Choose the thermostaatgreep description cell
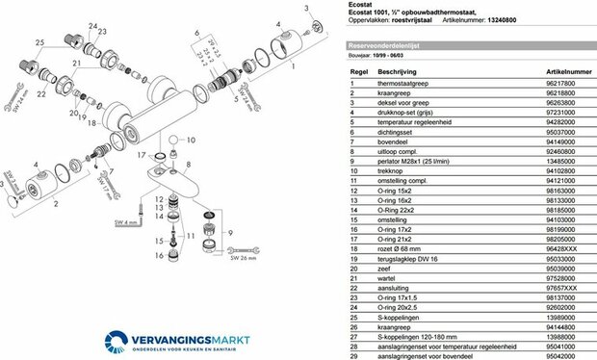(404, 85)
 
